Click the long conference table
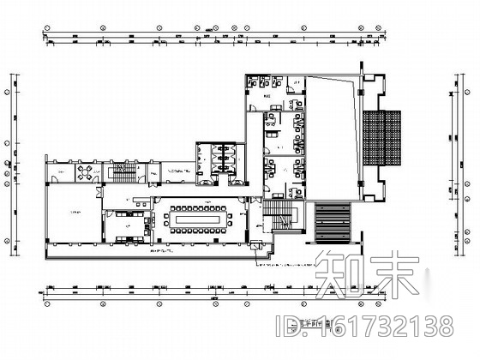[199, 219]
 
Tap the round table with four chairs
[84, 171]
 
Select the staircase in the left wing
[125, 175]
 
